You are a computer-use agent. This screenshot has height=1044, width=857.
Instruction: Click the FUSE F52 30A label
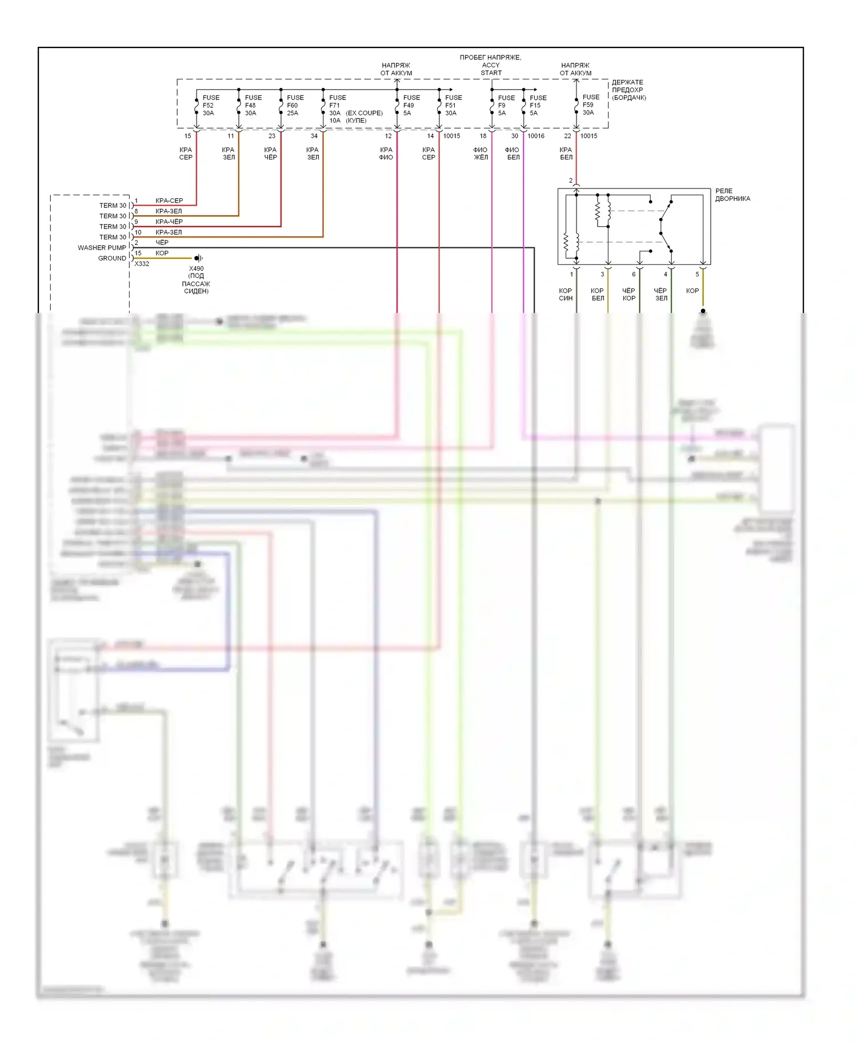(x=210, y=105)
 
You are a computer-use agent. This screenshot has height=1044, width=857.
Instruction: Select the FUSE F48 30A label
(x=253, y=105)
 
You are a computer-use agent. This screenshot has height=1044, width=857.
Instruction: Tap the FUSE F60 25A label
(x=295, y=105)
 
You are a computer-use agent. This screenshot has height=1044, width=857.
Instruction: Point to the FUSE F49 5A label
(x=411, y=105)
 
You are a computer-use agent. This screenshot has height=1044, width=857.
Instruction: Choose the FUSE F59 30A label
(x=590, y=105)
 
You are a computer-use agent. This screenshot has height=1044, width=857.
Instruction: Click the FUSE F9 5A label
(x=506, y=105)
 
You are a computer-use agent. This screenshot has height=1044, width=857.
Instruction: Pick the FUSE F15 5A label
(x=538, y=105)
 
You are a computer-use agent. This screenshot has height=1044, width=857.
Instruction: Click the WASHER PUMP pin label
(x=102, y=248)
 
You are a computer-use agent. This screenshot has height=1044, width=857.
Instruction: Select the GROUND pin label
(x=112, y=258)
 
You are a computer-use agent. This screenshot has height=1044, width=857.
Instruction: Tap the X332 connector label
(x=142, y=264)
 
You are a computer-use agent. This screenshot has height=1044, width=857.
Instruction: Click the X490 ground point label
(x=196, y=268)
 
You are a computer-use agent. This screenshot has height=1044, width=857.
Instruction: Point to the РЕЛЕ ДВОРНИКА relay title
(x=732, y=195)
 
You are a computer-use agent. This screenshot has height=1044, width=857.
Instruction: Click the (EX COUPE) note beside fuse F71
(x=364, y=113)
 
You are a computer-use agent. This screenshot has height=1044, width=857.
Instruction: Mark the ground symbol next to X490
(x=198, y=258)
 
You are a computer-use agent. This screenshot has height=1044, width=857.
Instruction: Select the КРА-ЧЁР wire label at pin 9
(x=169, y=222)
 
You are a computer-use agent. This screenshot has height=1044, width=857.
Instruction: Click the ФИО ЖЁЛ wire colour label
(x=480, y=154)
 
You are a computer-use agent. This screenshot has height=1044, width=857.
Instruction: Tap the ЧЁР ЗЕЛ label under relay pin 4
(x=660, y=294)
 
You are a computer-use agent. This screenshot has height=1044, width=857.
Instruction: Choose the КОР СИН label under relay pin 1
(x=565, y=294)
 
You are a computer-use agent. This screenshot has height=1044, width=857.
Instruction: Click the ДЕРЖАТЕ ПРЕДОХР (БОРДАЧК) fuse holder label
(x=628, y=90)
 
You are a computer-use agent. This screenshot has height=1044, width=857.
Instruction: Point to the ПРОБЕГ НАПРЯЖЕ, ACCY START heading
(x=490, y=65)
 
